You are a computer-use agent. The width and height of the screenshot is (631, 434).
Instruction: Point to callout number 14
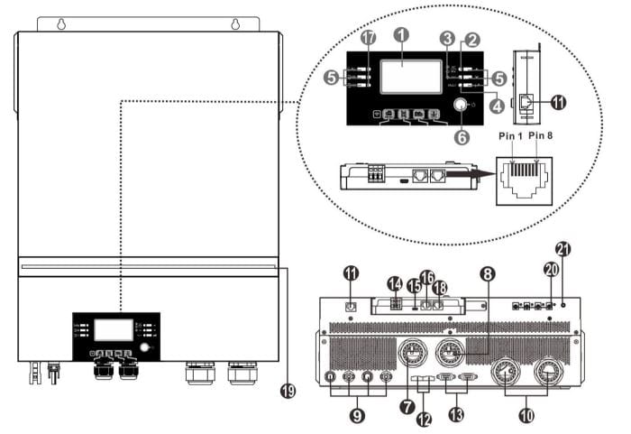[394, 283]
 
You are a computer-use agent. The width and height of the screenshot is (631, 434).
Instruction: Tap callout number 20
[551, 268]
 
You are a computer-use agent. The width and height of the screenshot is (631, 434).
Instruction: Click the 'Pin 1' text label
[511, 134]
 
